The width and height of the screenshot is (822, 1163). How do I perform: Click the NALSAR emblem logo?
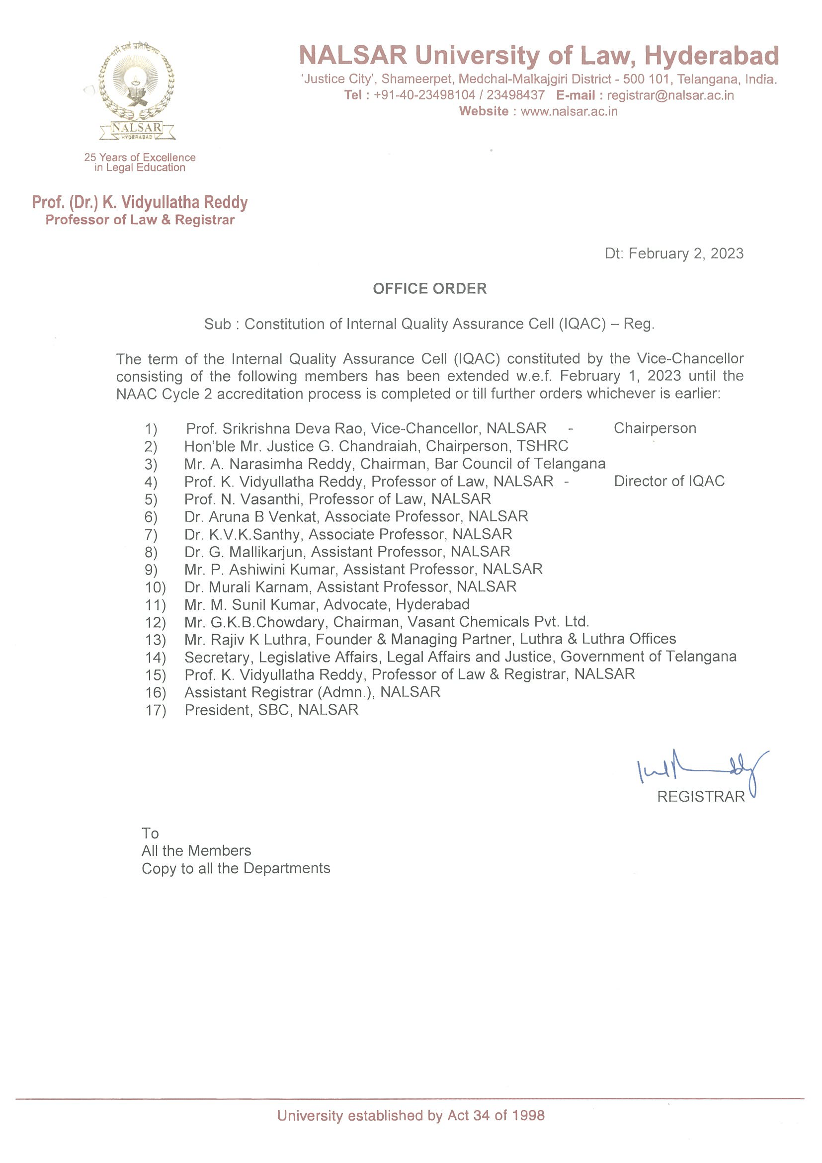click(x=137, y=91)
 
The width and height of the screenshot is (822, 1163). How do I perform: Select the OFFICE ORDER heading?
click(x=429, y=289)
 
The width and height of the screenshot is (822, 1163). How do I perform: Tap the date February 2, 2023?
click(x=686, y=253)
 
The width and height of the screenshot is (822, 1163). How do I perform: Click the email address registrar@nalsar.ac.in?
click(x=670, y=95)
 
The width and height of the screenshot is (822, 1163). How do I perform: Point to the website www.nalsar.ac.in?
click(x=569, y=111)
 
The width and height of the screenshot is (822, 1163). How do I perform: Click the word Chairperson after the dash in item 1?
click(x=655, y=428)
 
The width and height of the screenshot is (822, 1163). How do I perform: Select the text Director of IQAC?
click(x=668, y=481)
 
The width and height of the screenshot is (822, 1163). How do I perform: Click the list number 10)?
click(x=155, y=587)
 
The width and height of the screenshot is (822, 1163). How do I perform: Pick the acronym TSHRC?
click(x=542, y=446)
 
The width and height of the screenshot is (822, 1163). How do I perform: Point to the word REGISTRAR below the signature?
click(x=700, y=797)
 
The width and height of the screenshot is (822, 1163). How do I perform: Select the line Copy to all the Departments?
click(x=236, y=868)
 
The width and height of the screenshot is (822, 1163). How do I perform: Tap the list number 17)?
click(x=155, y=710)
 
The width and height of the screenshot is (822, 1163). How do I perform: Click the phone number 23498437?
click(x=515, y=95)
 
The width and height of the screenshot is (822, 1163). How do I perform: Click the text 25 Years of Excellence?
click(x=140, y=158)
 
